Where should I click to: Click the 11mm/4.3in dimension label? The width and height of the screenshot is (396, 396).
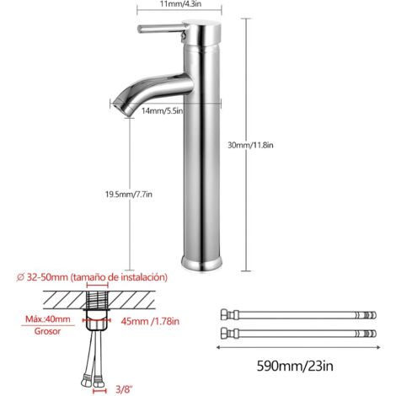tap(180, 4)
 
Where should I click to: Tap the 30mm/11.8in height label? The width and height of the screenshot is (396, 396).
tap(250, 145)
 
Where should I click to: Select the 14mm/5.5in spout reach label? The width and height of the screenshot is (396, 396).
tap(162, 111)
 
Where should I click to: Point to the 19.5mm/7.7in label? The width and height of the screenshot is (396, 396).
tap(129, 194)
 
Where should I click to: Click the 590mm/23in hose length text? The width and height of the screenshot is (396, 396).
tap(295, 366)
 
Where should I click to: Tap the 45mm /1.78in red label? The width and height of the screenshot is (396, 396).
tap(150, 321)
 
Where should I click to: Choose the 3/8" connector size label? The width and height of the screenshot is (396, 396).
tap(124, 389)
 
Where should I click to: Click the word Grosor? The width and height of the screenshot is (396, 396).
tap(47, 331)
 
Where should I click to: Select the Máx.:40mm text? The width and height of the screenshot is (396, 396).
tap(48, 319)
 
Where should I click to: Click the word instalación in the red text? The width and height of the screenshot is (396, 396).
tap(144, 277)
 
